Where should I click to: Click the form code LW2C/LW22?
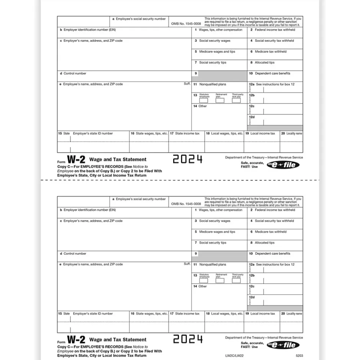point(262,356)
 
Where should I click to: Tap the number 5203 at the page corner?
point(299,356)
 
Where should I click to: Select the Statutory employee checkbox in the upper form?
point(204,101)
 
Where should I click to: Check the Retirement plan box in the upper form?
point(220,101)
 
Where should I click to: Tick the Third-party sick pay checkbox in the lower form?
point(236,281)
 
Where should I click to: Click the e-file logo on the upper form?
point(283,165)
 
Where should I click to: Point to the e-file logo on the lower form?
point(283,345)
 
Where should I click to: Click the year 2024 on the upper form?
point(187,159)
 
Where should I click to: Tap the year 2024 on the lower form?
point(187,339)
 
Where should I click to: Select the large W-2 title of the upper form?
point(76,159)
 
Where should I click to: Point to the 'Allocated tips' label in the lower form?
point(265,242)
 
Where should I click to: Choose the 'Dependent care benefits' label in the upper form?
point(273,73)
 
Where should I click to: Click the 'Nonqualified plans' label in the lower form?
point(213,264)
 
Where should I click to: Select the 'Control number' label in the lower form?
point(75,254)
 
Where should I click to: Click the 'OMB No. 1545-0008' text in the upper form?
point(186,24)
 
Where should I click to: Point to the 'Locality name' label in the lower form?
point(294,314)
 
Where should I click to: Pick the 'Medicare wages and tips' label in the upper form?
point(217,52)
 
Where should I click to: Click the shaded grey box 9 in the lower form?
point(222,256)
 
